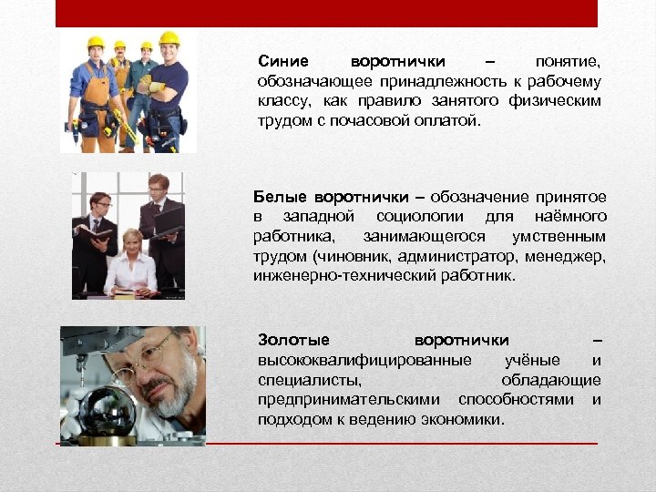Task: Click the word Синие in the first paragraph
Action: point(283,62)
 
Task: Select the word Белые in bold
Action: point(280,197)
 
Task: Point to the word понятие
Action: point(569,62)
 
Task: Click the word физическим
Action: point(559,101)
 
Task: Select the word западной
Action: point(320,217)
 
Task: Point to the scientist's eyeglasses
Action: point(151,351)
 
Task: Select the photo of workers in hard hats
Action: point(128,92)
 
